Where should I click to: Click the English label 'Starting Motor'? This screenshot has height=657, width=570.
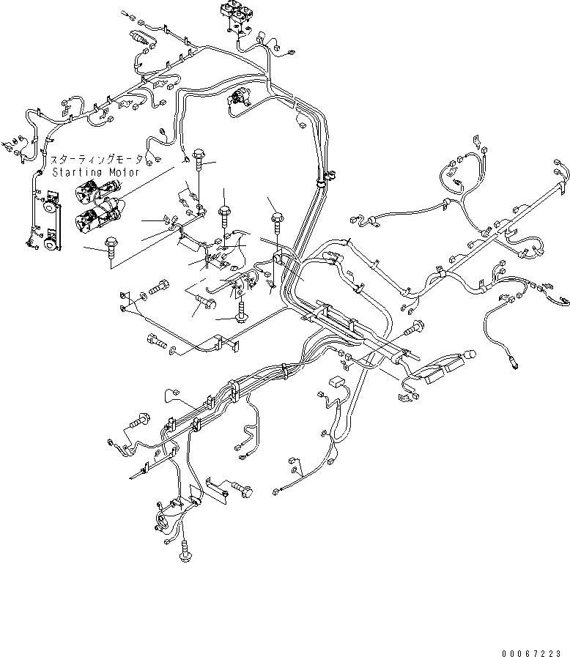pos(95,172)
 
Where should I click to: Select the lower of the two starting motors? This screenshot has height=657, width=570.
pos(98,217)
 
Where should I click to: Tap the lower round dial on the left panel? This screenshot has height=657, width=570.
pos(50,243)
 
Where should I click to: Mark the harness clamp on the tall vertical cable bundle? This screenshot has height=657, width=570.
pos(325,177)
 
